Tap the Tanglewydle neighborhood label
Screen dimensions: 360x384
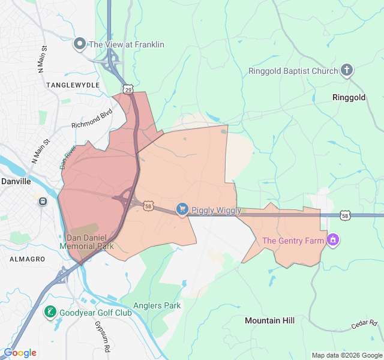point(73,85)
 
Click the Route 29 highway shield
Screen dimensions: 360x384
point(128,89)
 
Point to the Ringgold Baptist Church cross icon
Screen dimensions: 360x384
point(347,71)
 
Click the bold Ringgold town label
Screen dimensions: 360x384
point(349,97)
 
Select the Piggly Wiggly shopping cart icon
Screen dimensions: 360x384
point(182,209)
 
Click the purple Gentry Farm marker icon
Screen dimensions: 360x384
point(334,241)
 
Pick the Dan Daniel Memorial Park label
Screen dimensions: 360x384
point(86,242)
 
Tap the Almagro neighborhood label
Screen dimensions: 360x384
point(27,259)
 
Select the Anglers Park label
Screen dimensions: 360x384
point(157,305)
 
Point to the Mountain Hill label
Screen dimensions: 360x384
point(269,320)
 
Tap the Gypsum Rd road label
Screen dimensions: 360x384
point(102,335)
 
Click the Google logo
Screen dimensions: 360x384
point(20,353)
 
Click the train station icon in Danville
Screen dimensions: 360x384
point(43,201)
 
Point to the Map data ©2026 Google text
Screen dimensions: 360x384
point(346,355)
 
